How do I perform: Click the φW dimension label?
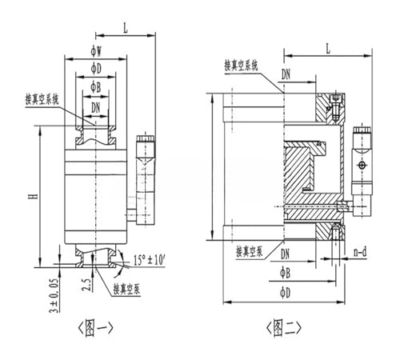coord(96,51)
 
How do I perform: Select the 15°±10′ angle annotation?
coord(150,260)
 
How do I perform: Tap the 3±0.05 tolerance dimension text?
coord(54,295)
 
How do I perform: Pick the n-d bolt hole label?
coord(360,252)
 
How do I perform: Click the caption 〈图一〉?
coord(95,328)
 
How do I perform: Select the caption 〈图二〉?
coord(284,328)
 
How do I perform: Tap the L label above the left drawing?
coord(126,28)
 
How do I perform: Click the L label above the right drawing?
coord(328,49)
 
